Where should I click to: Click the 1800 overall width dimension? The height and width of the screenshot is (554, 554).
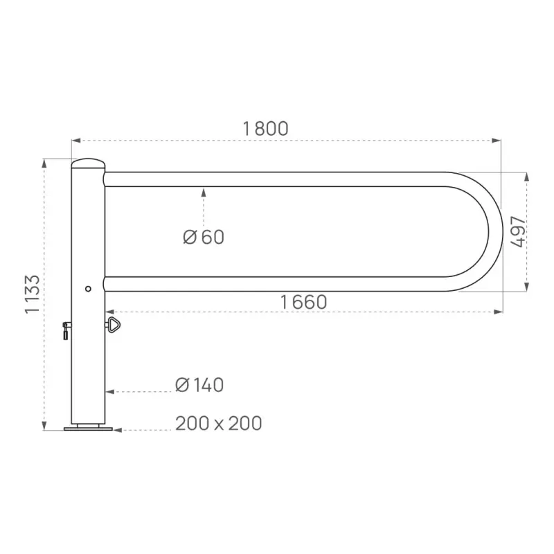point(265,128)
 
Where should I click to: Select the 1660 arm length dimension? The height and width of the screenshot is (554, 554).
point(303,302)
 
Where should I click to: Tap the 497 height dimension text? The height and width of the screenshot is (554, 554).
point(517,232)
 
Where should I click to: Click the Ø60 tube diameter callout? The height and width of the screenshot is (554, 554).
point(204,237)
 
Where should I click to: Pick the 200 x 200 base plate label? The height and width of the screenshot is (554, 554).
point(218,423)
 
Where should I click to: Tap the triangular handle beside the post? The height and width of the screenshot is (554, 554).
point(113,324)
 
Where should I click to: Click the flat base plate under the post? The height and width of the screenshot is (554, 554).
point(88,429)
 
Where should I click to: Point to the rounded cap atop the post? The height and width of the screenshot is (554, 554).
point(88,163)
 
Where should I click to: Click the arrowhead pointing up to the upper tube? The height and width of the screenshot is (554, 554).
point(204,191)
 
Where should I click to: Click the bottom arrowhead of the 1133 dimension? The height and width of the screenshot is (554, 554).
point(44,425)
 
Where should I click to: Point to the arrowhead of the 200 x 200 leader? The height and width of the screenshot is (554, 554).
point(117,430)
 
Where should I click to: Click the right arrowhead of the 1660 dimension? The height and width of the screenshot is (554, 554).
point(498,312)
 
